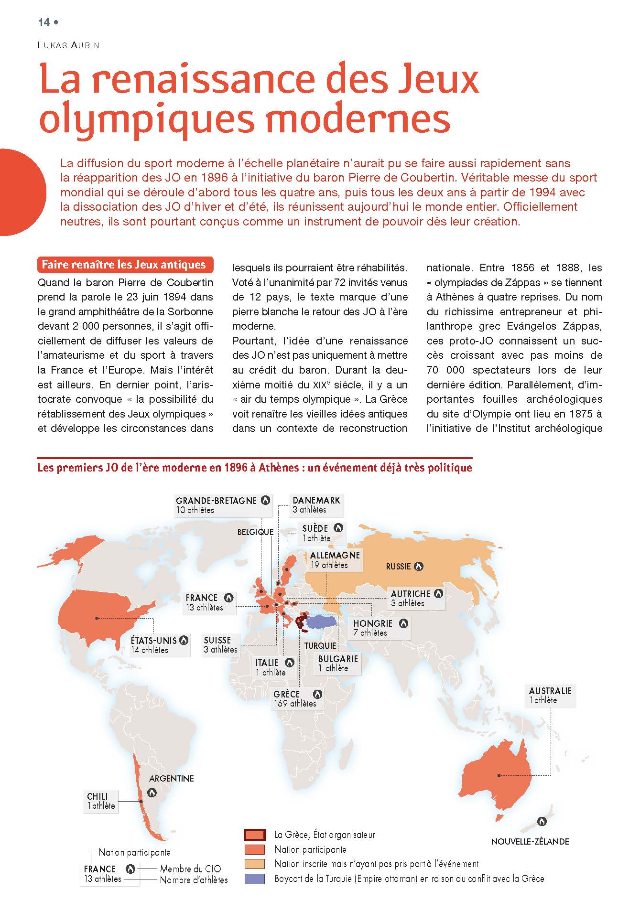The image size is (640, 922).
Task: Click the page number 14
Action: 44,22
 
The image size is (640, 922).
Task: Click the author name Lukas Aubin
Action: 68,45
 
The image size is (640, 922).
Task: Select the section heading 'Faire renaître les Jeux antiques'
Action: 124,265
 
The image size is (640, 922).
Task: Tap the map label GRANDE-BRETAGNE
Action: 216,501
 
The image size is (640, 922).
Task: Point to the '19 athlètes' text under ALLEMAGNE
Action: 329,565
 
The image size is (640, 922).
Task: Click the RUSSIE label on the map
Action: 398,567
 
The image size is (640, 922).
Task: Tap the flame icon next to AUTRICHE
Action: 438,594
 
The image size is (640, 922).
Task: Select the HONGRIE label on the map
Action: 373,623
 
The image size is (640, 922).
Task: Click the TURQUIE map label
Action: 320,646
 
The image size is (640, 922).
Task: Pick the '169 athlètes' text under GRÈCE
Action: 295,703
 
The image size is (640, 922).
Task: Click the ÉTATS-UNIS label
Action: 154,641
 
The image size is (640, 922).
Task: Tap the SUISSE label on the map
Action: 217,640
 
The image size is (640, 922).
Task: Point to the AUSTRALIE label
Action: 550,691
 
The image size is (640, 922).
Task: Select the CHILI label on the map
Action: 98,796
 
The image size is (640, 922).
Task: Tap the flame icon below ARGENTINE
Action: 152,793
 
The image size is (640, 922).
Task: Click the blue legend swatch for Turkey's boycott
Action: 254,879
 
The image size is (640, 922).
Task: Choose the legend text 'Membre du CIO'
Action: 190,869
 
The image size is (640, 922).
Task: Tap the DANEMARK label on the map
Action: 316,500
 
